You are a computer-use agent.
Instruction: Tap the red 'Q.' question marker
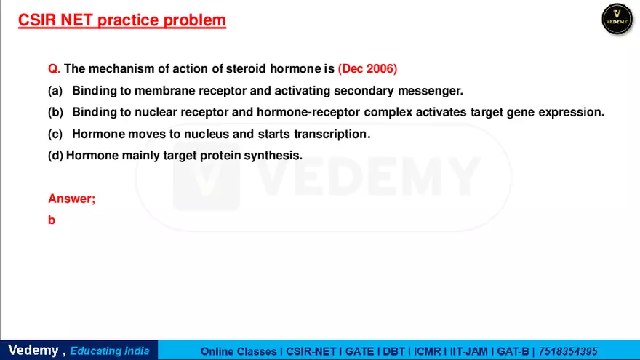coord(54,69)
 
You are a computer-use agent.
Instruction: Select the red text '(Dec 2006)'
coord(367,69)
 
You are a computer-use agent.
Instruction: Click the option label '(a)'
coord(55,91)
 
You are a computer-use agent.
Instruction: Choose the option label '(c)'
coord(55,134)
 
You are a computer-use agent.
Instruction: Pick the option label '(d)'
coord(55,155)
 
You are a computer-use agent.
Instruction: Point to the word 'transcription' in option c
coord(332,134)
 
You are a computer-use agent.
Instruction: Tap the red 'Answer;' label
coord(71,199)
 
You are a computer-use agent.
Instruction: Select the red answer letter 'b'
coord(52,220)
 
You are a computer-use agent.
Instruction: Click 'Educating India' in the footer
coord(110,351)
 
